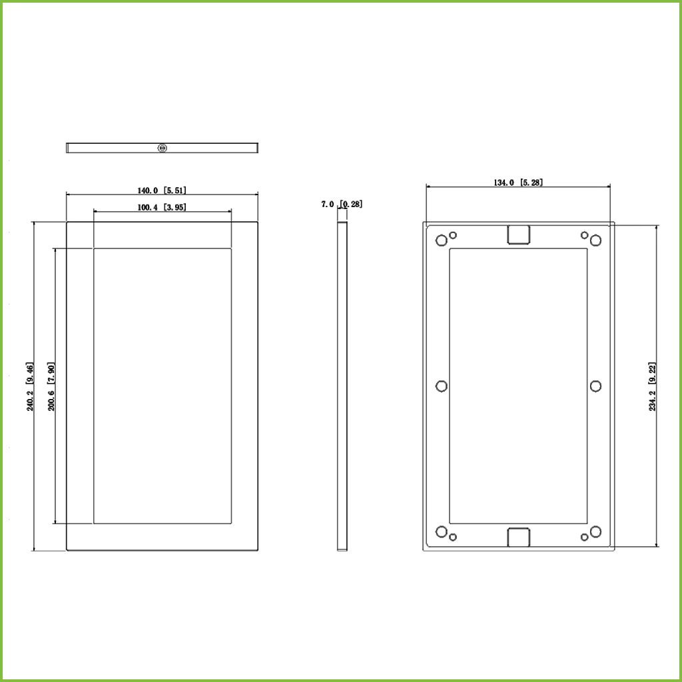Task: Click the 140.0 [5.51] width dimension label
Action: point(162,190)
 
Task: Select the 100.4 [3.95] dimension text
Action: point(162,208)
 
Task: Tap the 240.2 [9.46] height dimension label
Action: point(29,386)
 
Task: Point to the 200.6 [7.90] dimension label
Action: point(51,386)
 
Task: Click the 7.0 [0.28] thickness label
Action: point(342,204)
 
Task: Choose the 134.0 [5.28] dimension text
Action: point(518,182)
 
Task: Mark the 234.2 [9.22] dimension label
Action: point(653,386)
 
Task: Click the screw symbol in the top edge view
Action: point(163,149)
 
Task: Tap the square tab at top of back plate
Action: point(518,235)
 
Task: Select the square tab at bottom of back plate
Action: point(518,537)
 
